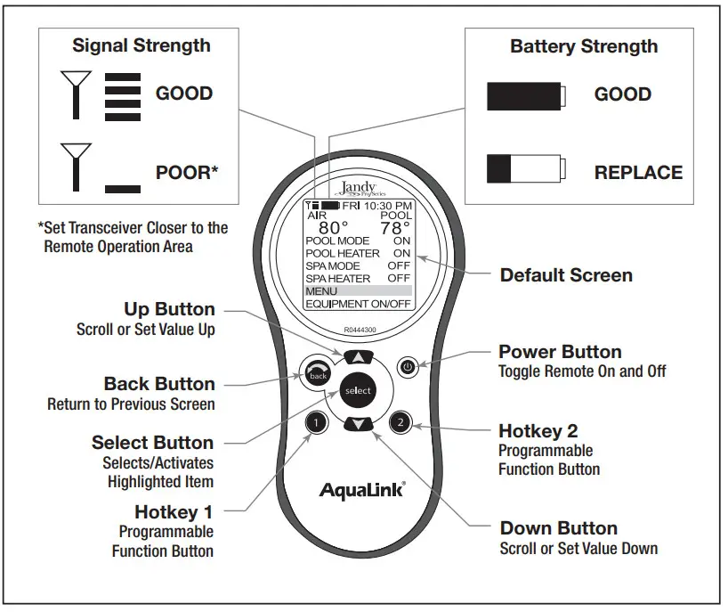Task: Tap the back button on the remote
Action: (x=317, y=374)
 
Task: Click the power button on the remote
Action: (x=407, y=366)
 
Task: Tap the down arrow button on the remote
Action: (x=357, y=424)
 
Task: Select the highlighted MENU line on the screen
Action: (x=358, y=291)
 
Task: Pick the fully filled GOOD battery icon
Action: (x=525, y=94)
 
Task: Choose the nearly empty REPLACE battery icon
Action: (x=525, y=169)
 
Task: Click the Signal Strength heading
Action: (x=142, y=45)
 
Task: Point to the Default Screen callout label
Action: (x=566, y=275)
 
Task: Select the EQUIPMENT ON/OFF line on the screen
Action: (x=358, y=304)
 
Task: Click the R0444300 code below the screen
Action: (x=359, y=329)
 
